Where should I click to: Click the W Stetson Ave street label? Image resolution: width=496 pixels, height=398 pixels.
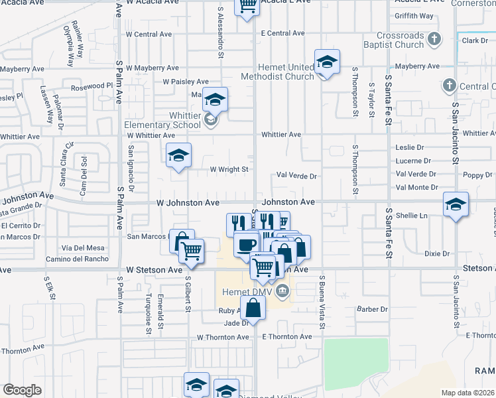tap(154, 270)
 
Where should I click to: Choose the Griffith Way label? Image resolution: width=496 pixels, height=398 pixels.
tap(414, 16)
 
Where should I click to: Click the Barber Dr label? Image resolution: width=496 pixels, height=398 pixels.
tap(371, 309)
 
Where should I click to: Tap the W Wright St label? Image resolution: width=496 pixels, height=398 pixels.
tap(229, 169)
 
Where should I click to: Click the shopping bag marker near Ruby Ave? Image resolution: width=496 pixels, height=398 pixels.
tap(253, 307)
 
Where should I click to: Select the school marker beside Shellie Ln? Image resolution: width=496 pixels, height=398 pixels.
tap(456, 204)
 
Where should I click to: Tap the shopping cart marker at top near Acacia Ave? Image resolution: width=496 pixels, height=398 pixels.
tap(247, 7)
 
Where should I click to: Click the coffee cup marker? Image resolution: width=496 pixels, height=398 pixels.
tap(245, 245)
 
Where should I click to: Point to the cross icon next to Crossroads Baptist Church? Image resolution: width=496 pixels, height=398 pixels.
tap(434, 38)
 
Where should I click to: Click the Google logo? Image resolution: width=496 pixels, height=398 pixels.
tap(22, 390)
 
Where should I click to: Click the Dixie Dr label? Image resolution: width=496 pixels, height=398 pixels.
tap(437, 253)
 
